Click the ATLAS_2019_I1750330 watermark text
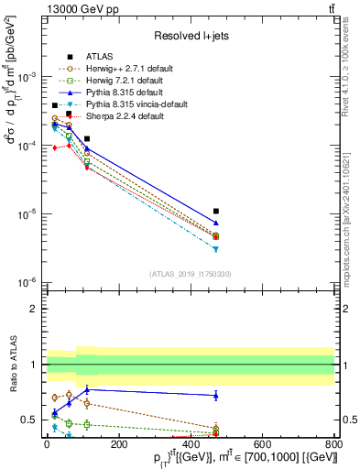coord(190,274)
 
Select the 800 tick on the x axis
coord(334,443)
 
